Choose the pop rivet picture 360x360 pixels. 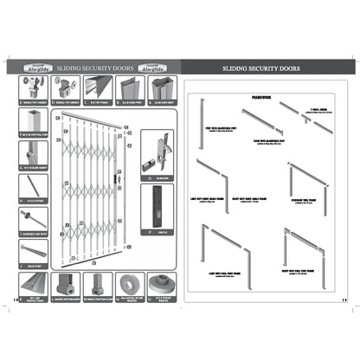tap(31, 215)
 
